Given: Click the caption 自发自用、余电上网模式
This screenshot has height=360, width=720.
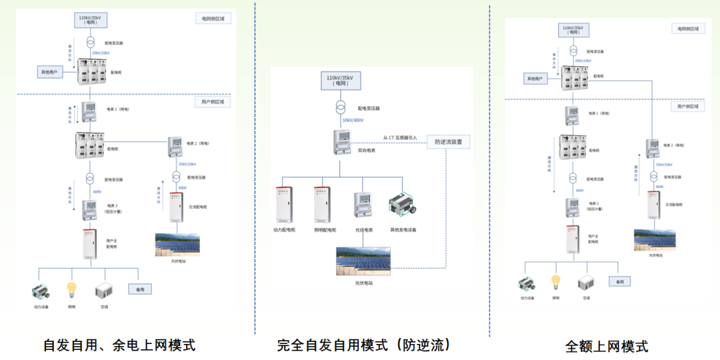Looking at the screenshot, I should [x=119, y=345].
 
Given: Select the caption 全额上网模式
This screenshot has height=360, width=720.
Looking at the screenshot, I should [x=606, y=346].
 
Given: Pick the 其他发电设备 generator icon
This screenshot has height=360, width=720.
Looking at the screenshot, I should [x=403, y=205].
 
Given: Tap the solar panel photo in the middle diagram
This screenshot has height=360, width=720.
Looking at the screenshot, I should [x=364, y=261].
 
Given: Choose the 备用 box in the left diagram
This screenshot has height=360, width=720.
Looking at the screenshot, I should [x=140, y=289].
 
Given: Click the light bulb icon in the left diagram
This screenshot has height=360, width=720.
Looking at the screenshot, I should [x=71, y=290].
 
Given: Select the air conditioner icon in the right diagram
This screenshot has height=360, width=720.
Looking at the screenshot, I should [x=585, y=283].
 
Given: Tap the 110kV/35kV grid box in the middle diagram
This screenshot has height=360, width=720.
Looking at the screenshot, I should [x=341, y=80].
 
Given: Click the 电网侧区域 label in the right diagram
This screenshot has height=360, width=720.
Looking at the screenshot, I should [x=688, y=29].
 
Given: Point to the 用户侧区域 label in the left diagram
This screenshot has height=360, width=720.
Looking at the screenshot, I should [x=213, y=102].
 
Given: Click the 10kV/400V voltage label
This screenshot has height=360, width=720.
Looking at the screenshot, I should [x=353, y=120].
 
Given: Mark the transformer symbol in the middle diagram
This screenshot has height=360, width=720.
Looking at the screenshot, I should [x=341, y=107].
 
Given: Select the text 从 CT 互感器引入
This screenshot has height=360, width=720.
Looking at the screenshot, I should [x=399, y=138].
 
